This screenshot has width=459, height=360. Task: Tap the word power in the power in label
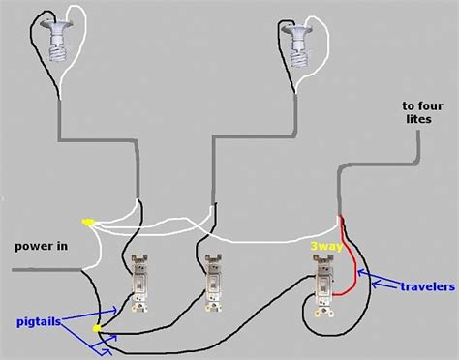tap(32, 246)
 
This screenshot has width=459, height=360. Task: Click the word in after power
tap(61, 246)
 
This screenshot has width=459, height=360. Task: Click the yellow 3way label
tap(323, 246)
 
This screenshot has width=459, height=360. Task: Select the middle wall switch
tap(214, 281)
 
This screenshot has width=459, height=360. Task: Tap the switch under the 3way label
tap(322, 285)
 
